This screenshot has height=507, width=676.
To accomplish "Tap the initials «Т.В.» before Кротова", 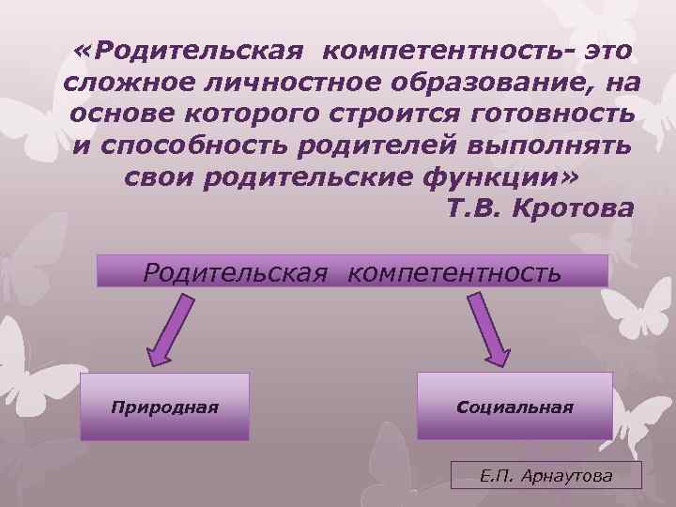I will pyautogui.click(x=474, y=208).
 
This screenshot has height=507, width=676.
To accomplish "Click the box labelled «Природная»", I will pyautogui.click(x=164, y=407).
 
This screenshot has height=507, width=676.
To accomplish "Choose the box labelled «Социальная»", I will pyautogui.click(x=515, y=407).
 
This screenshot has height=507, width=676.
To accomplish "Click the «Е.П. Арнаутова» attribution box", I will pyautogui.click(x=545, y=475).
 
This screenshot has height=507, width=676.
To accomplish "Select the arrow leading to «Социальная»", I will pyautogui.click(x=489, y=329).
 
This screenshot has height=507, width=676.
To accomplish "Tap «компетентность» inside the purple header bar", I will pyautogui.click(x=454, y=272).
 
